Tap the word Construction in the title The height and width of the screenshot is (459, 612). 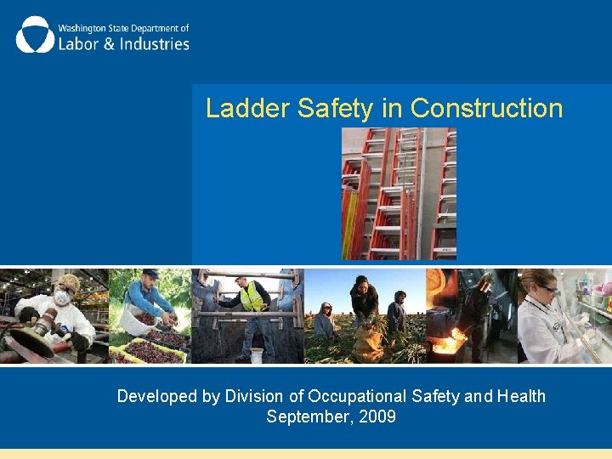pos(486,109)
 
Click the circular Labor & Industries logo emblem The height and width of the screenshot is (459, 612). pos(35,35)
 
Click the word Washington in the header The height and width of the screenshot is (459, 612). pos(84,27)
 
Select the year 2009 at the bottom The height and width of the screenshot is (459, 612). pos(377,417)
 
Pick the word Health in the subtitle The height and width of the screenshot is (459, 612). pos(520,396)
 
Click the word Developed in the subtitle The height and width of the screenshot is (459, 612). pos(154,396)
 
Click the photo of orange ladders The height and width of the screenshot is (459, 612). pos(399,194)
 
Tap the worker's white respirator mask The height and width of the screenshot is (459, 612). pos(62,298)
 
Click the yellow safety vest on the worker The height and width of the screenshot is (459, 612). pos(251,297)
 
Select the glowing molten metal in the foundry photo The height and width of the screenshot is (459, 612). pos(446,344)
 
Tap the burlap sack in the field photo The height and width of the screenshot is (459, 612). pos(367,343)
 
